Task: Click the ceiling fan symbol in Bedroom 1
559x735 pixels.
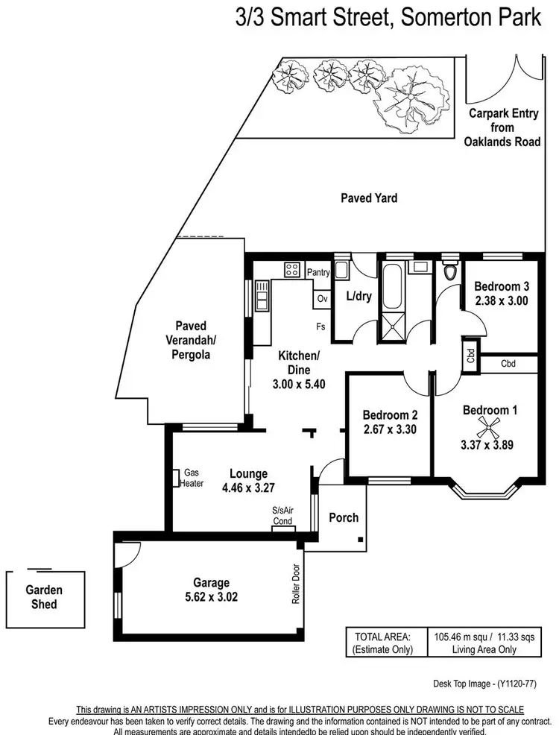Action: tap(490, 426)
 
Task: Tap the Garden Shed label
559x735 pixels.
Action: tap(44, 596)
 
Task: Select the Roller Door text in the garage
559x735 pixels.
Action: tap(296, 583)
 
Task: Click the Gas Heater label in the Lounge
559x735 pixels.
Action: tap(192, 478)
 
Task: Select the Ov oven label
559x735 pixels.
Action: tap(323, 298)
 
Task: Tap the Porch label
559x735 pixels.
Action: tap(344, 517)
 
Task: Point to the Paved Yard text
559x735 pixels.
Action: tap(369, 198)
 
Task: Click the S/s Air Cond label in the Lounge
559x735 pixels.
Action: tap(282, 516)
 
